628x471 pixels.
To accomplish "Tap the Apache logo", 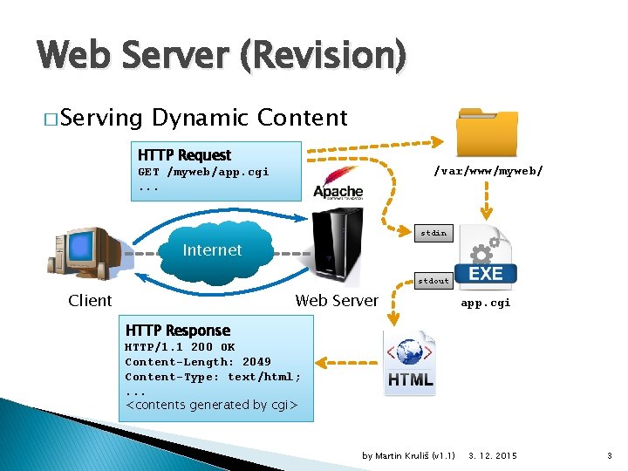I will point(338,184).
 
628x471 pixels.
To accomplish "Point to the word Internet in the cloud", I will point(212,250).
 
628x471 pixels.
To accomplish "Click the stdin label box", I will point(433,233).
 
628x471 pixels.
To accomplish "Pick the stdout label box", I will point(433,281).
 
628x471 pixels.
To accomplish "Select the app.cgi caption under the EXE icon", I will point(486,303).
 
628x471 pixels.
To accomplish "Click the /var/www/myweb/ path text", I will point(488,172).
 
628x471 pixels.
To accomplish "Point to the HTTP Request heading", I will point(184,155).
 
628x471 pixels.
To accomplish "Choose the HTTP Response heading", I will point(178,331).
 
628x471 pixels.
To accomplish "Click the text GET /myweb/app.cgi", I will point(203,172).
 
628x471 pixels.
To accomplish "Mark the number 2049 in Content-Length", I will point(256,362).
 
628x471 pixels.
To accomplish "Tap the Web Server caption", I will point(337,301).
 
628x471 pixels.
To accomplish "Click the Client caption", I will point(90,301).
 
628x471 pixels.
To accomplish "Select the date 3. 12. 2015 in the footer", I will point(493,456).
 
